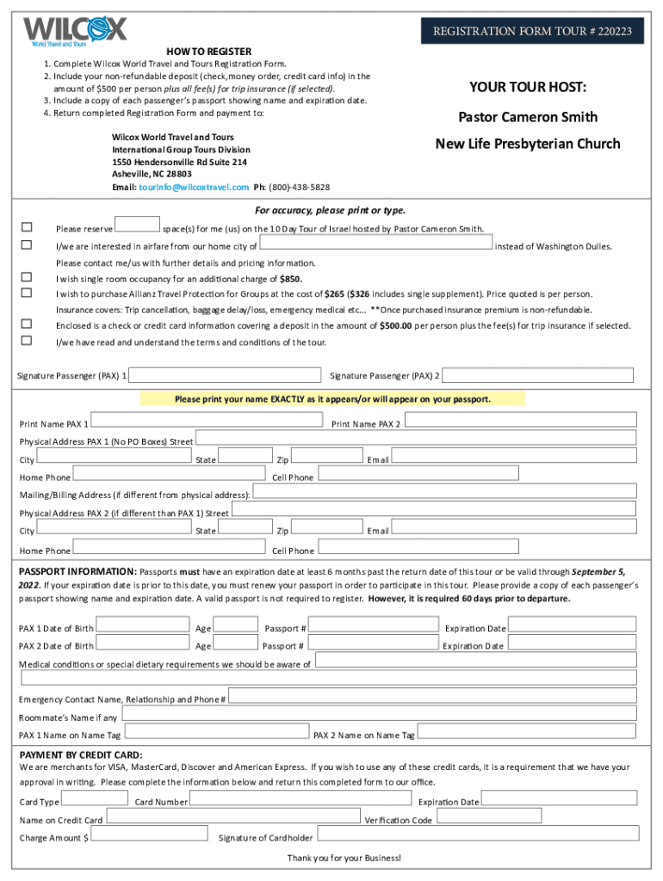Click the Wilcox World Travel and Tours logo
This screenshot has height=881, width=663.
point(75,30)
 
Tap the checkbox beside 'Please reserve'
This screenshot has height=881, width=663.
point(27,227)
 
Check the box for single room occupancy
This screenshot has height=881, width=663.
point(27,277)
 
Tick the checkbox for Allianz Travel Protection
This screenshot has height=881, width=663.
point(27,293)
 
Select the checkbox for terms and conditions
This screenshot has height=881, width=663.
point(27,341)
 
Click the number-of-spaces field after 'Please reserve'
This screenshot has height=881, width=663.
point(137,225)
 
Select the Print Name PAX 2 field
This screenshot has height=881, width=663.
point(520,419)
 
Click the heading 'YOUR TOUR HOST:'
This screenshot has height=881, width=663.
point(527,87)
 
